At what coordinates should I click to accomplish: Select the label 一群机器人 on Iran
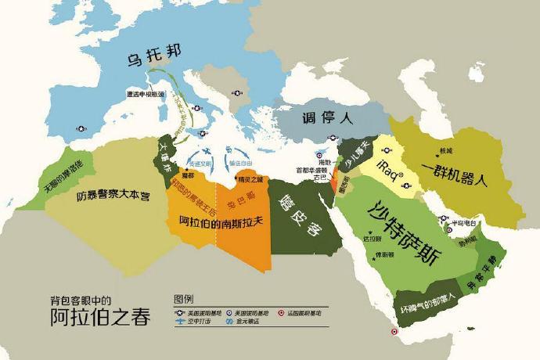point(454,175)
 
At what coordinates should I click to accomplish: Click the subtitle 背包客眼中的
point(77,301)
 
